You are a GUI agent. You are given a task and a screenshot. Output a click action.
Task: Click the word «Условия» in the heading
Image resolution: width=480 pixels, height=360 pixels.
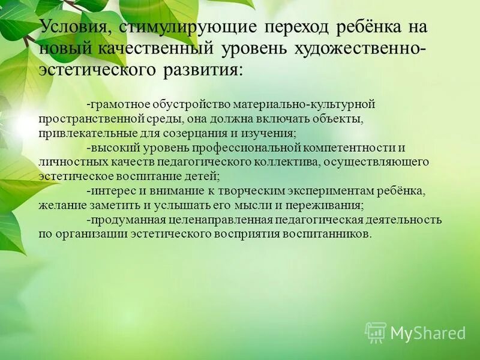click(x=74, y=28)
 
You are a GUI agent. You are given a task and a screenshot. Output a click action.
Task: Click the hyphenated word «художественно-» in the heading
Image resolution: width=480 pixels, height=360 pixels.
click(x=361, y=49)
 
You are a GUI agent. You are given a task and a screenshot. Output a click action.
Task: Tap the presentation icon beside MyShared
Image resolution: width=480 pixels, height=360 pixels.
click(x=376, y=332)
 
